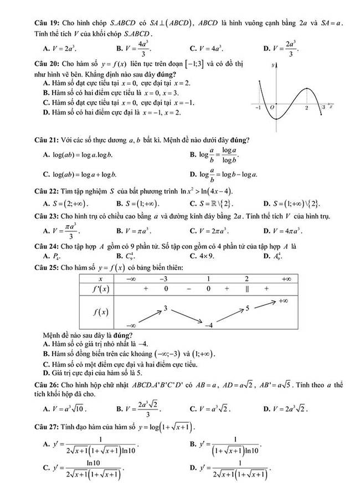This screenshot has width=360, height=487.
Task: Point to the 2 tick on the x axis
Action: (x=306, y=109)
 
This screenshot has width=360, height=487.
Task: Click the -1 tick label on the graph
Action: (x=258, y=109)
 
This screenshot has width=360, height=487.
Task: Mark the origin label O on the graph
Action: (x=271, y=109)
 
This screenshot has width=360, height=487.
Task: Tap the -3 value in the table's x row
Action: (x=164, y=279)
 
